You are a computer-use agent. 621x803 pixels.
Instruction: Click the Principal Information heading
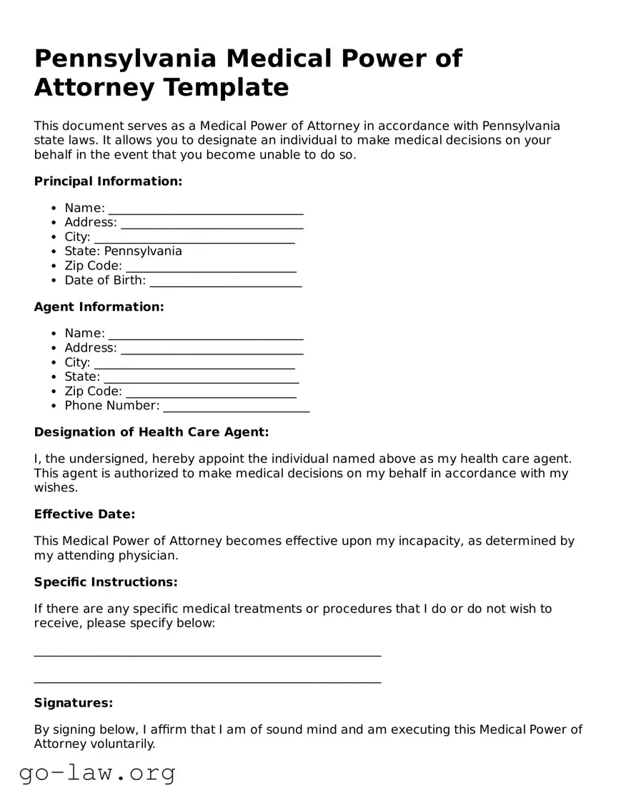tap(108, 181)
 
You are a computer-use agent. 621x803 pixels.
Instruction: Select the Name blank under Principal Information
tap(206, 209)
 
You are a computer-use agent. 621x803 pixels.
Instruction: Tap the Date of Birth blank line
tap(225, 281)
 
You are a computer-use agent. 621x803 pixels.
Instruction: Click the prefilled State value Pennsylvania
tap(143, 251)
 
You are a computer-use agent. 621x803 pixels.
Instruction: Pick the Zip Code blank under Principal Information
tap(211, 266)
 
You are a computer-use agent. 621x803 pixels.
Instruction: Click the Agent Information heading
tap(99, 307)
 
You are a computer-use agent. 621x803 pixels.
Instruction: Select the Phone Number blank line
tap(236, 407)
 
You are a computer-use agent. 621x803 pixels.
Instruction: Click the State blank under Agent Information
tap(201, 377)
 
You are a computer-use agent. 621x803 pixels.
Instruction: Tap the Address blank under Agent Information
tap(212, 349)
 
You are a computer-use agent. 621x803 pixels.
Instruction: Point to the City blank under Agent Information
tap(194, 363)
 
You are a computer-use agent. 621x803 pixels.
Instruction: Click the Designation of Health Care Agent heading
tap(151, 432)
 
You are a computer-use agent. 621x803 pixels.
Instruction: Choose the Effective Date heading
tap(84, 514)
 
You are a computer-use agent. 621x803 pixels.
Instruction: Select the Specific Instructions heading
tap(106, 582)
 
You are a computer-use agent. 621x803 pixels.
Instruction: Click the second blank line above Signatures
tap(207, 680)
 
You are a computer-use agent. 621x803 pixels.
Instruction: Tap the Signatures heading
tap(74, 703)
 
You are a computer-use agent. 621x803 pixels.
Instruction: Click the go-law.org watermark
tap(97, 773)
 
